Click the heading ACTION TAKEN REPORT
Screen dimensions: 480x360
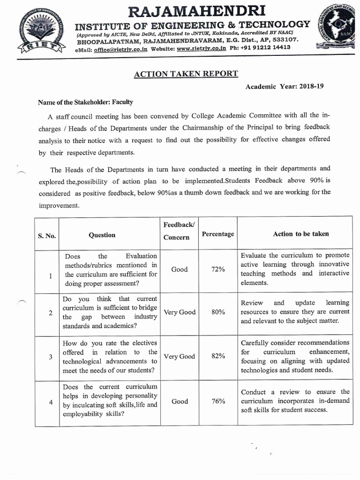point(186,74)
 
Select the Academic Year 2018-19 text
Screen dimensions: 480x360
point(285,86)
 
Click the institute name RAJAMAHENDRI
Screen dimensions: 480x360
point(193,10)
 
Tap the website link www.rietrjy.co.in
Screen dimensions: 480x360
point(202,48)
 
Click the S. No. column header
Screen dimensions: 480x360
point(47,235)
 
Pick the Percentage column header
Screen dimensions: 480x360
point(217,234)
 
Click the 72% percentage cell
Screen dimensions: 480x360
point(217,269)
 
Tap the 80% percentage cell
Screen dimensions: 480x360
point(218,312)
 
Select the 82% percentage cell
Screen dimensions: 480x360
point(218,356)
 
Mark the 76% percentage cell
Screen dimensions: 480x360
point(218,401)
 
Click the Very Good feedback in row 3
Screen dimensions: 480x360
point(179,356)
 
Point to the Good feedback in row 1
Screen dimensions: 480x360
point(179,269)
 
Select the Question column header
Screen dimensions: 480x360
point(102,235)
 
